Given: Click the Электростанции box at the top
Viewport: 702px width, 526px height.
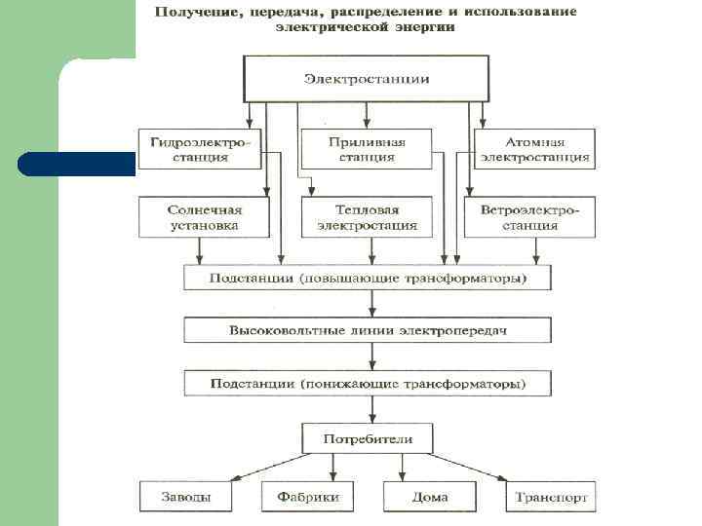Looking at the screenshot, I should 366,78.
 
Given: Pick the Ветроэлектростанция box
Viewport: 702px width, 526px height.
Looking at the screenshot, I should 529,217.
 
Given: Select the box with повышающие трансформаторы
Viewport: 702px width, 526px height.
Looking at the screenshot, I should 368,279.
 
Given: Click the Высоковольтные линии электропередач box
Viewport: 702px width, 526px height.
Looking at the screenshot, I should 368,331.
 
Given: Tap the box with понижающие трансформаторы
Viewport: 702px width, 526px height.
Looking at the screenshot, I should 368,383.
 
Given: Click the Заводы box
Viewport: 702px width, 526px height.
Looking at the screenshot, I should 184,497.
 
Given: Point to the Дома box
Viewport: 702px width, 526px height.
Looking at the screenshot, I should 429,497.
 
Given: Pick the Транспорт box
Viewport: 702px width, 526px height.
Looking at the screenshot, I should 551,497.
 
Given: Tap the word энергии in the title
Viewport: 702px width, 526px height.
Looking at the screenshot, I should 431,27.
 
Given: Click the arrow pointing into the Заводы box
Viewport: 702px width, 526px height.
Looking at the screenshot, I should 234,477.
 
